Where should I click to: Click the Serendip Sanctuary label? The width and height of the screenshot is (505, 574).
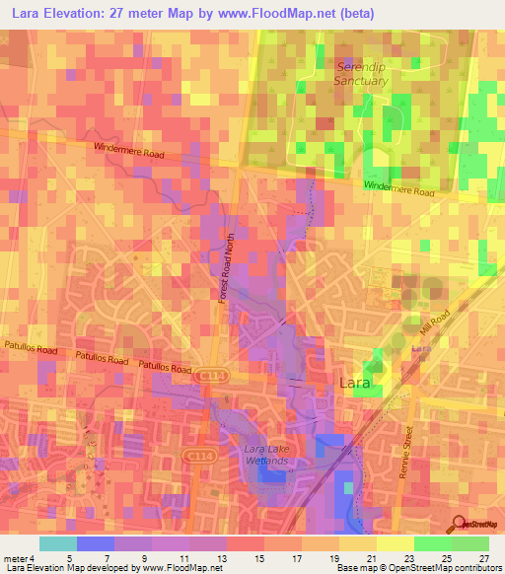coord(360,73)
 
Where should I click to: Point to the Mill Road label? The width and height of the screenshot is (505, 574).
coord(433,325)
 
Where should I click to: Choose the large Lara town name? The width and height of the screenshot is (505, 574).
coord(357,382)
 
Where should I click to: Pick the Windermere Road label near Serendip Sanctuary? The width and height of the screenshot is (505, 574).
coord(398,186)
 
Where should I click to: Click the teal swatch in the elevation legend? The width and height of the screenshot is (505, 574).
coord(58,542)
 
